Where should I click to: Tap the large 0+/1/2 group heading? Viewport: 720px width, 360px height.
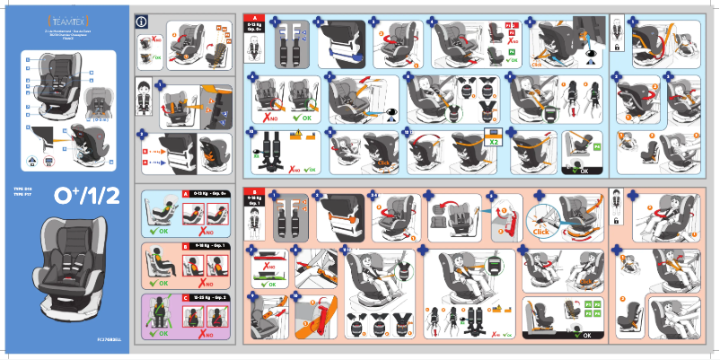[85, 195]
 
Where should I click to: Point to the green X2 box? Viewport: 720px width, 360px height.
[494, 141]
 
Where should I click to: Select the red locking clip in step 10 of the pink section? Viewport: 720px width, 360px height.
[315, 314]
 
